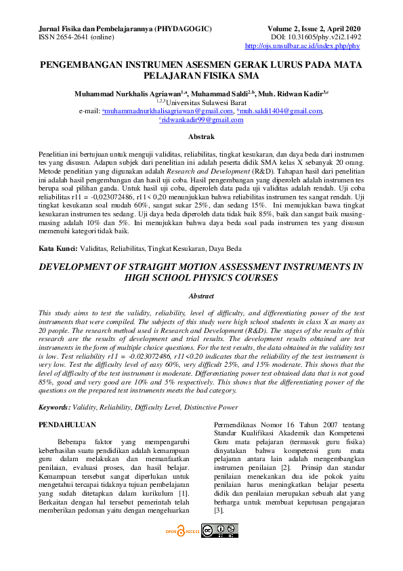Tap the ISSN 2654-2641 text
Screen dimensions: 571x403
pyautogui.click(x=58, y=37)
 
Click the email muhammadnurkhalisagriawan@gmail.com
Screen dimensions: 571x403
pyautogui.click(x=167, y=111)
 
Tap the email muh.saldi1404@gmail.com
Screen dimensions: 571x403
pyautogui.click(x=281, y=111)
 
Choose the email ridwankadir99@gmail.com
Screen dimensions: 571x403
pyautogui.click(x=210, y=119)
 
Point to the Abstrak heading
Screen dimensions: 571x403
pyautogui.click(x=200, y=137)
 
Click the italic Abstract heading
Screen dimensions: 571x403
pyautogui.click(x=200, y=296)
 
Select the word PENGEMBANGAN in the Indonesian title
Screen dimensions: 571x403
pyautogui.click(x=84, y=65)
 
